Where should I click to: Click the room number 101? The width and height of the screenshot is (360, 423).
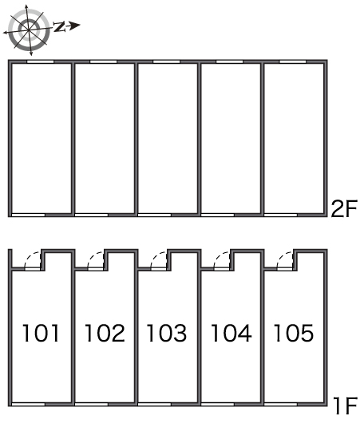tap(41, 333)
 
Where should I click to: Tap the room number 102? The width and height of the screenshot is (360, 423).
tap(105, 333)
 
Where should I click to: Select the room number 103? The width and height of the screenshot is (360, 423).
tap(167, 333)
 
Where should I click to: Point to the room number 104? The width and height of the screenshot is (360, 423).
tap(231, 333)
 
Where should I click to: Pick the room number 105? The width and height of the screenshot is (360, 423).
tap(294, 333)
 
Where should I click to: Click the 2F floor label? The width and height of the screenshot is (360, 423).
tap(344, 208)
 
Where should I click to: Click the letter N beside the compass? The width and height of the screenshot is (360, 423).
tap(59, 27)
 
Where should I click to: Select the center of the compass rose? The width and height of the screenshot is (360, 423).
tap(29, 30)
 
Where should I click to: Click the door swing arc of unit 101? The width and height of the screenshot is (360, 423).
tap(29, 256)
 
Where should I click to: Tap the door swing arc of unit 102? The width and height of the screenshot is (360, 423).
tap(92, 256)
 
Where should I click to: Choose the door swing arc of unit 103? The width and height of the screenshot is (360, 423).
tap(155, 256)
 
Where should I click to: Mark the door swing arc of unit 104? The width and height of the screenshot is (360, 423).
tap(219, 256)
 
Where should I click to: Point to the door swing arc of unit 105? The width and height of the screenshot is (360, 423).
tap(282, 256)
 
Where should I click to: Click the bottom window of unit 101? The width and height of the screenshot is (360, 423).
tap(28, 404)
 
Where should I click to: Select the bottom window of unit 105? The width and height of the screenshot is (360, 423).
tap(281, 404)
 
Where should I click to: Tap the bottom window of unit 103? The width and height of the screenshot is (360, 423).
tap(155, 404)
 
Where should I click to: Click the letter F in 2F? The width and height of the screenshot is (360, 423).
tap(351, 208)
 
